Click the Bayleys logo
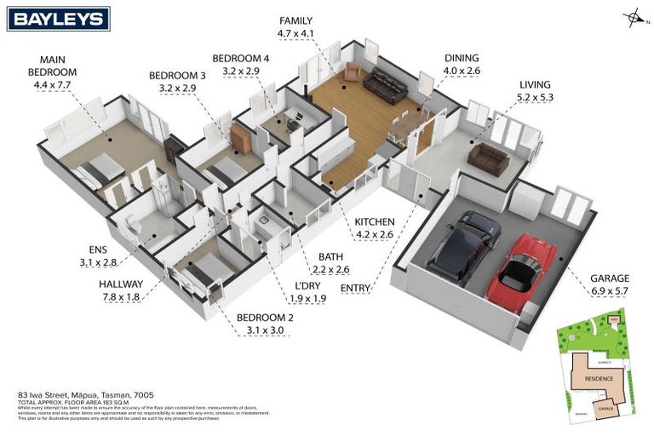pos(58,18)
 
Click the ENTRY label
pos(355,288)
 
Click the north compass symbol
pos(633,16)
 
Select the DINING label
pos(462,59)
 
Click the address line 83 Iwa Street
pos(68,396)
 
